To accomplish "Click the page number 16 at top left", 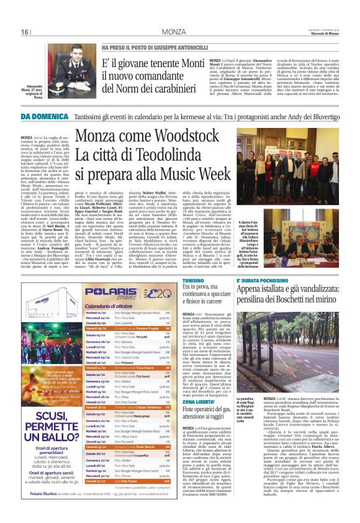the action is (x=25, y=32).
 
